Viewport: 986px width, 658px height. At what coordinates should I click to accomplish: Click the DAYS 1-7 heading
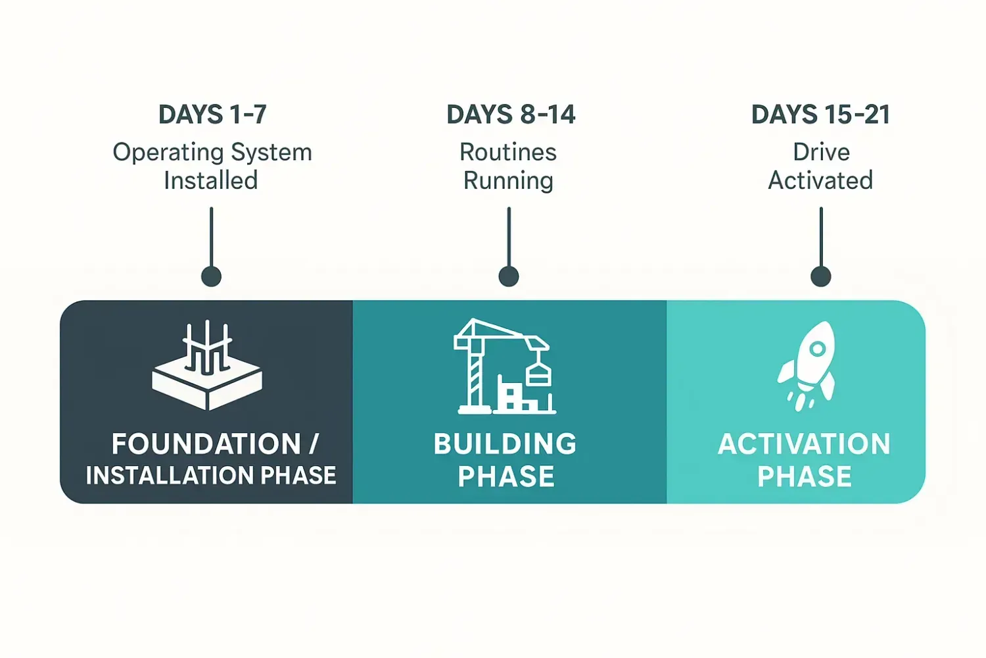[x=212, y=114]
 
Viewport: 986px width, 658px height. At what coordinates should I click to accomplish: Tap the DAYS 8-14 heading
[x=511, y=114]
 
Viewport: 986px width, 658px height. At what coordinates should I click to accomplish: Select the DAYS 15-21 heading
[x=821, y=114]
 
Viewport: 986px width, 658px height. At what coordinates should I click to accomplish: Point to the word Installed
[x=211, y=180]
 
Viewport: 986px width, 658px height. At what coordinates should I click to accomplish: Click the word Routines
[x=508, y=153]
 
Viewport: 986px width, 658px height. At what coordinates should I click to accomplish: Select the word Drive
[x=822, y=153]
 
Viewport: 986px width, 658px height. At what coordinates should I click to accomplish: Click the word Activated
[x=821, y=180]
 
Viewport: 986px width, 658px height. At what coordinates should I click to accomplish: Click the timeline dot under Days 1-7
[x=211, y=277]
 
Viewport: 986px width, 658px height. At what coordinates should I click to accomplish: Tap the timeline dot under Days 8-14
[x=509, y=277]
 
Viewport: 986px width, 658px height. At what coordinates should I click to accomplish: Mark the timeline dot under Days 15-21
[x=821, y=277]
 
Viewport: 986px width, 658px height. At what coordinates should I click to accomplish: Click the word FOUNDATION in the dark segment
[x=206, y=443]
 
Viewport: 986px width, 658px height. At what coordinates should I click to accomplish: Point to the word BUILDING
[x=505, y=443]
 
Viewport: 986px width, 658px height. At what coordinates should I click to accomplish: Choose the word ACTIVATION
[x=804, y=443]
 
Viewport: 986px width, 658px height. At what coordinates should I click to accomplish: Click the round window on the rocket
[x=818, y=349]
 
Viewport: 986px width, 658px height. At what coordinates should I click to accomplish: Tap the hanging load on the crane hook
[x=539, y=376]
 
